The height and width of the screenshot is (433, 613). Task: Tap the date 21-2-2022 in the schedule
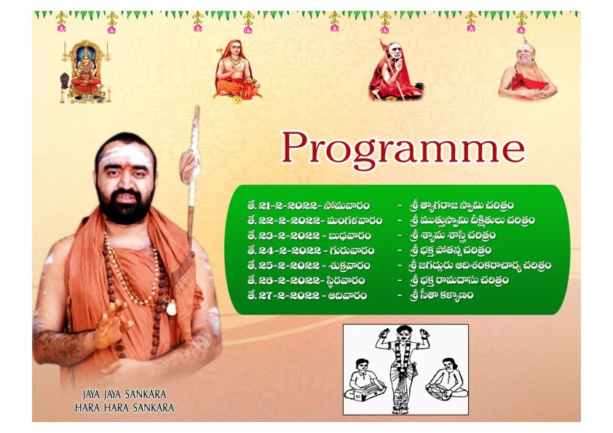click(x=288, y=205)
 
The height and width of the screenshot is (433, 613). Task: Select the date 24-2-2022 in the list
click(x=290, y=250)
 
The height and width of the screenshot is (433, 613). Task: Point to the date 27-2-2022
click(x=289, y=295)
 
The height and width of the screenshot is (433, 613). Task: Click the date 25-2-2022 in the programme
click(x=289, y=266)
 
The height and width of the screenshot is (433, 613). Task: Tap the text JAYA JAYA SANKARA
click(x=124, y=394)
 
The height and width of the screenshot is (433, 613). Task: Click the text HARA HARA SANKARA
click(x=124, y=408)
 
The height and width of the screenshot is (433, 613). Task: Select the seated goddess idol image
click(x=85, y=72)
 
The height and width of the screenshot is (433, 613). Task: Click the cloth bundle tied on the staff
click(x=189, y=167)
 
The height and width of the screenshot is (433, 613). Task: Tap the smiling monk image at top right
click(x=527, y=71)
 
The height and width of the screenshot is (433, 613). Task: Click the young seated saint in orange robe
click(x=236, y=71)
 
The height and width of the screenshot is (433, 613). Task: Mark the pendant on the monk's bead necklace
click(x=171, y=308)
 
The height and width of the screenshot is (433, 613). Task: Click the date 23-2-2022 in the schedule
click(x=289, y=236)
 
